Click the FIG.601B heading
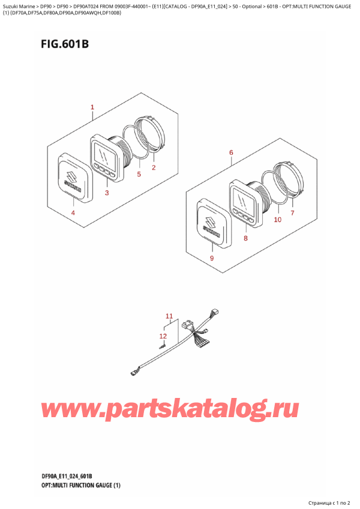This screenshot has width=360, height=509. [65, 44]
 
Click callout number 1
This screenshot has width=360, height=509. [92, 107]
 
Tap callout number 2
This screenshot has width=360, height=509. [154, 167]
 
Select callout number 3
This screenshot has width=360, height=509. [107, 193]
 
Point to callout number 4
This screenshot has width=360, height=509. [73, 213]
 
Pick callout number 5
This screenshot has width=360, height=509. [139, 174]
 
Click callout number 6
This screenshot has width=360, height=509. [231, 152]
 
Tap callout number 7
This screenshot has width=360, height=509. [292, 213]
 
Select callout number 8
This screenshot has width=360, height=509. [246, 239]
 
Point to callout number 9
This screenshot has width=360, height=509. [212, 258]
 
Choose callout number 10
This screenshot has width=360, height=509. [278, 220]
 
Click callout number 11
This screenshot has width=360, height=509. [169, 316]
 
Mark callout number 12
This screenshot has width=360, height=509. [163, 336]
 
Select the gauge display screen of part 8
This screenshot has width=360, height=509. [244, 200]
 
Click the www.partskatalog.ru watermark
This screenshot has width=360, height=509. [169, 411]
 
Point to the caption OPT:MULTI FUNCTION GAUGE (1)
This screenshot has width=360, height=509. [81, 486]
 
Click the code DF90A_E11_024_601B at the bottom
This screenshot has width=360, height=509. [67, 476]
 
